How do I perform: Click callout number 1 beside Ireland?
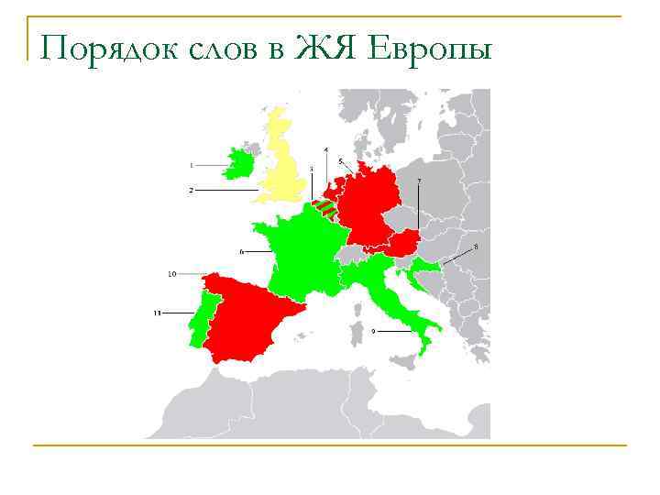click(x=192, y=165)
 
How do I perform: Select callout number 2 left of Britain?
click(x=192, y=190)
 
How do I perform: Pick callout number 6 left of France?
click(x=241, y=250)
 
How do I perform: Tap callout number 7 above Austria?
click(x=419, y=181)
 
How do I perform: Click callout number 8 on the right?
click(x=475, y=247)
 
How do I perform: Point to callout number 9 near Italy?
click(x=374, y=330)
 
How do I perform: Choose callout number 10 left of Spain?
click(x=172, y=273)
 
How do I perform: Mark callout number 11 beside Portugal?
click(x=158, y=313)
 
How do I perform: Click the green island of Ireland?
click(x=240, y=165)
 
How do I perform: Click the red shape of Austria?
click(x=402, y=243)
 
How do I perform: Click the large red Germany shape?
click(x=371, y=206)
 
